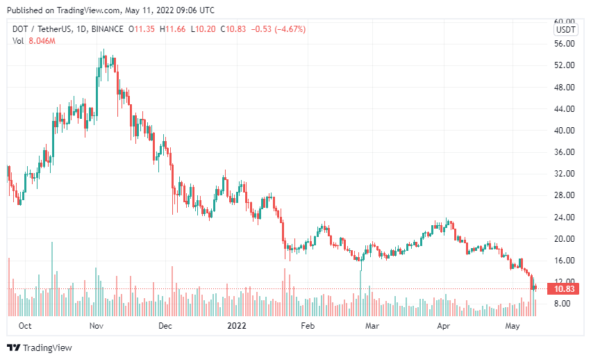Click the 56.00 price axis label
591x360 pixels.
click(565, 44)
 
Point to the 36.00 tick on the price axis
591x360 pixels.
click(565, 152)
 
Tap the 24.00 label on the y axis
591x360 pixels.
click(565, 218)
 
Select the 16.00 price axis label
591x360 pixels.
click(565, 261)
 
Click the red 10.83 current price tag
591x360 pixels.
click(565, 288)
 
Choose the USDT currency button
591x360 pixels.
click(565, 30)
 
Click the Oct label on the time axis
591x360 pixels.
click(25, 326)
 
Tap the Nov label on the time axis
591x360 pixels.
click(97, 326)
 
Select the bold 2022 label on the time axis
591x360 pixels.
click(237, 326)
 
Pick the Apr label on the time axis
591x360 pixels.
click(443, 326)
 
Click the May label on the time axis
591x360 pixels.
click(513, 326)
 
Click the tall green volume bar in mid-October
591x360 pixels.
click(51, 278)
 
